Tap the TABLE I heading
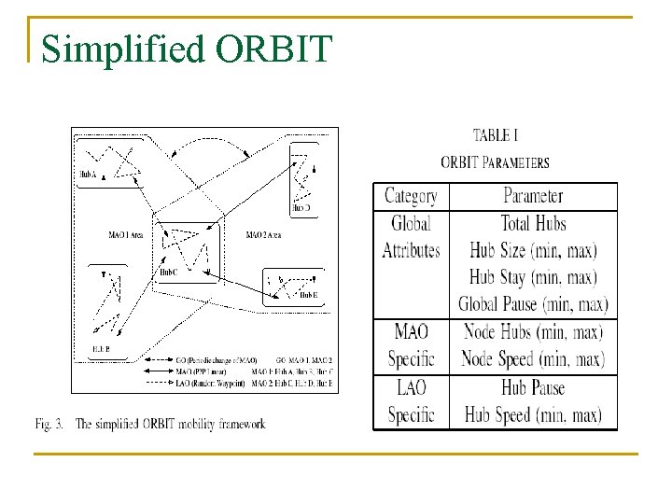pos(496,136)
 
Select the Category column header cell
pos(411,196)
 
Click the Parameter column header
pos(533,196)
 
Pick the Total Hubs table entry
pos(533,223)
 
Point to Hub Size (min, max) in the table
pos(533,250)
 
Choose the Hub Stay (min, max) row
pos(533,277)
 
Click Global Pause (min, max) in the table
pos(533,304)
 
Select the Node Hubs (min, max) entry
pos(533,331)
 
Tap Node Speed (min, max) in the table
pos(533,358)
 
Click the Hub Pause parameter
pos(533,387)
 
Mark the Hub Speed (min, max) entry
pos(533,415)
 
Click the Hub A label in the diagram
pos(90,175)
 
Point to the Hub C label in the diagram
pos(168,273)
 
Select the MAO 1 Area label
pos(125,234)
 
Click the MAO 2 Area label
pos(264,234)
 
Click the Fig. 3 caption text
pos(149,424)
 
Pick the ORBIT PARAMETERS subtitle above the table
pos(496,162)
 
